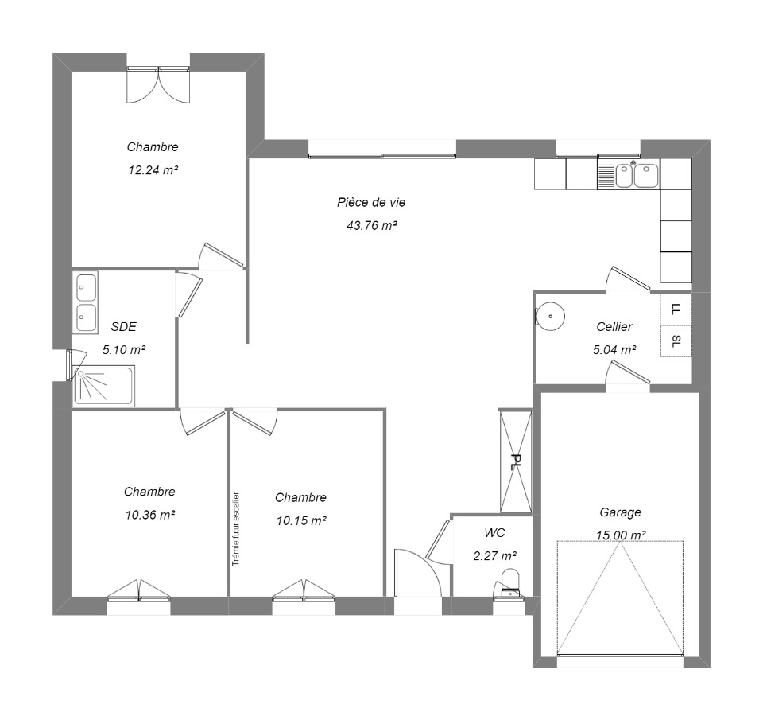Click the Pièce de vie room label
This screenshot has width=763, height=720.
click(371, 202)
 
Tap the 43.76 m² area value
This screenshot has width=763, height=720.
click(372, 226)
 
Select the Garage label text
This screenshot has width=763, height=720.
click(620, 512)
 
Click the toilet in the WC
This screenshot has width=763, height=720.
click(509, 582)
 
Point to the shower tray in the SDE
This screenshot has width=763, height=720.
click(103, 387)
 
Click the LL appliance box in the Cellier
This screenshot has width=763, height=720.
click(676, 309)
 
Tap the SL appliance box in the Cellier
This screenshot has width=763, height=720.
click(676, 341)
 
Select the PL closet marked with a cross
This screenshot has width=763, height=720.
click(515, 461)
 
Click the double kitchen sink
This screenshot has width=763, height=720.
click(637, 175)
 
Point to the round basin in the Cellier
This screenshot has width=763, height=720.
click(550, 316)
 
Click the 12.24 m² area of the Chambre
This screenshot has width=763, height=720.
click(153, 170)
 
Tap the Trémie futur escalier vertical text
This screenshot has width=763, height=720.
click(236, 529)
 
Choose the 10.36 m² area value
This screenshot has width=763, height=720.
click(150, 515)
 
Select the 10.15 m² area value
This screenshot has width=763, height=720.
click(301, 521)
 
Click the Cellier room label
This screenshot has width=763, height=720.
click(614, 327)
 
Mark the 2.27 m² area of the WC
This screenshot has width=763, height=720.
click(495, 556)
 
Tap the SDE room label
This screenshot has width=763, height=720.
click(124, 327)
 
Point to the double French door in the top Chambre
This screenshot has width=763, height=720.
click(158, 85)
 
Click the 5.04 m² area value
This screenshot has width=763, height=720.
click(614, 350)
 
